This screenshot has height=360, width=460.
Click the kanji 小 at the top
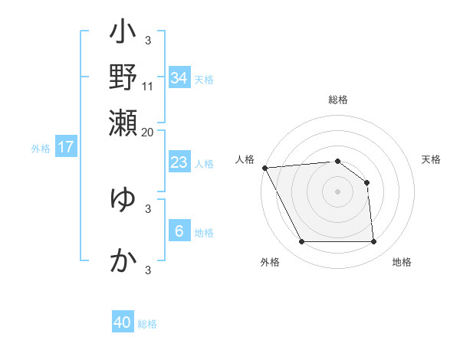123,34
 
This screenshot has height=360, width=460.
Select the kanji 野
123,78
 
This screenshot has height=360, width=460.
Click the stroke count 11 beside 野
148,87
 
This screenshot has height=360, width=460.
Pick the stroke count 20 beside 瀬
148,131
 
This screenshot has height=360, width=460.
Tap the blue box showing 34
179,77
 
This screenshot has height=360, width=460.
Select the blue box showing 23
179,162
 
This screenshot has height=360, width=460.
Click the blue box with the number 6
179,231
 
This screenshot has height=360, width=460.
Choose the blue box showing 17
66,147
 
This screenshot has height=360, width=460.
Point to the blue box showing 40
123,322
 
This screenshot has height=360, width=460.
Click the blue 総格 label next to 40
147,324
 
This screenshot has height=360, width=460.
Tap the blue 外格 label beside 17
41,149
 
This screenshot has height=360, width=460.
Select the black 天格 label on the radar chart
432,159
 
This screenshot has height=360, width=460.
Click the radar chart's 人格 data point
264,168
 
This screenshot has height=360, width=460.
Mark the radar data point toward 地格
374,242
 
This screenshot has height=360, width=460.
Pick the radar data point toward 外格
301,242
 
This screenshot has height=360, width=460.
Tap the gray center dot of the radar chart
337,191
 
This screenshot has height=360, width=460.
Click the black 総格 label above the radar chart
337,100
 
